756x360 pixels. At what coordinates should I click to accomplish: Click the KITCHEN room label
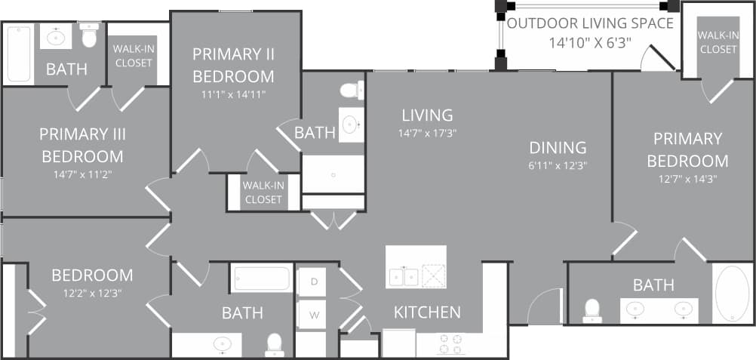click(427, 312)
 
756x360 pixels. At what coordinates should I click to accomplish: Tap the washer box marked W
click(312, 315)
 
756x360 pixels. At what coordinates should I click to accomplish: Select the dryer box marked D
click(312, 282)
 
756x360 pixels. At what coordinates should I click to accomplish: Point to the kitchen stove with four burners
click(448, 343)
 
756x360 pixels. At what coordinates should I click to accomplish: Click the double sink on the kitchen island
click(404, 276)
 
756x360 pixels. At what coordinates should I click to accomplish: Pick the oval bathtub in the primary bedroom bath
click(731, 294)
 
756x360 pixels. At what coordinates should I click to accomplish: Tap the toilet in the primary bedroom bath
click(592, 310)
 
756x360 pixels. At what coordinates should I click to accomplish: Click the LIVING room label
click(427, 115)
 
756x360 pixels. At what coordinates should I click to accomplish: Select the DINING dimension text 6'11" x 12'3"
click(558, 165)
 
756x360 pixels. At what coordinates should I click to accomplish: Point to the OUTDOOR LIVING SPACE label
click(590, 23)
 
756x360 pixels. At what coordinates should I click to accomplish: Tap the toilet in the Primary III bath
click(89, 35)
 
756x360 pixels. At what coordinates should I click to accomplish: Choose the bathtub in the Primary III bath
click(18, 53)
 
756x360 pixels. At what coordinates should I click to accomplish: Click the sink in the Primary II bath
click(349, 124)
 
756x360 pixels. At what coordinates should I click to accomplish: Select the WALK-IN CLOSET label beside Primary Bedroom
click(718, 42)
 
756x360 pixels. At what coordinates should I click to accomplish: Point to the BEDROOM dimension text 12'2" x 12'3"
click(92, 294)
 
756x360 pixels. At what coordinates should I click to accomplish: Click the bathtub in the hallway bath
click(261, 278)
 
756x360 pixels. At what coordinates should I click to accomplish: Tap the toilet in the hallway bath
click(275, 344)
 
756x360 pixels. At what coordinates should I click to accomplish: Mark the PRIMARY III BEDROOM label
click(82, 145)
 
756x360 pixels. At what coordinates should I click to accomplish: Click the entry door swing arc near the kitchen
click(544, 306)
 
